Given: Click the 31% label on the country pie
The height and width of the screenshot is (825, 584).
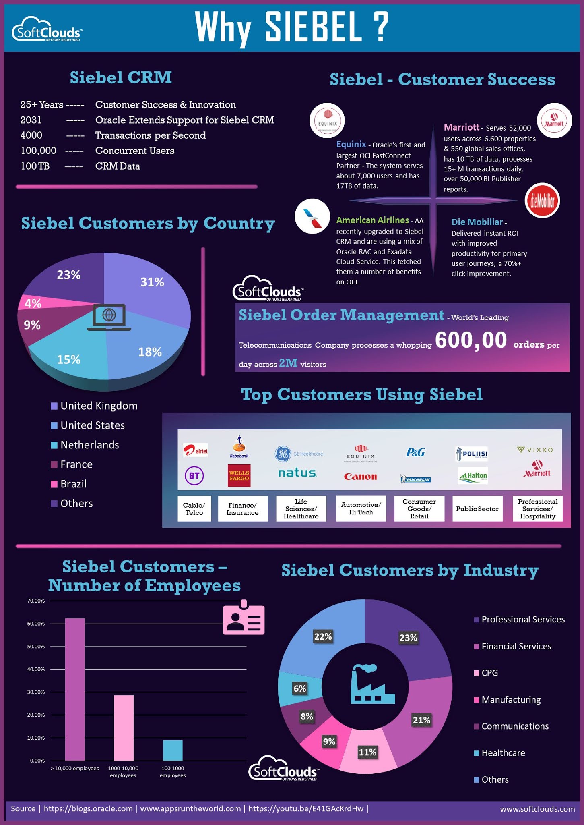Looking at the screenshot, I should [x=152, y=282].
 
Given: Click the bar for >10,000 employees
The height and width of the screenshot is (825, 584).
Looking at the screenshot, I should [x=75, y=689].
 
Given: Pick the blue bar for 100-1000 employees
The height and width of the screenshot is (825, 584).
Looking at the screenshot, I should [x=173, y=750].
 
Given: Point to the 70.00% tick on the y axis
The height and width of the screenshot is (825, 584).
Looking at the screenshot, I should [x=36, y=601].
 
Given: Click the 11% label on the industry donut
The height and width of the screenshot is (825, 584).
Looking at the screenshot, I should [x=367, y=752].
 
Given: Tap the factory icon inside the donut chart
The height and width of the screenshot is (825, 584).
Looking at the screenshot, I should [x=372, y=684].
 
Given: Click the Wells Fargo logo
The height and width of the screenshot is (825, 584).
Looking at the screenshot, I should [x=239, y=476].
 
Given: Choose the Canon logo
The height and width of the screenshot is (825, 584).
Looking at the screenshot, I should [x=360, y=477].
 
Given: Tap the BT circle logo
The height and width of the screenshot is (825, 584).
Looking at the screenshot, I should [x=194, y=476].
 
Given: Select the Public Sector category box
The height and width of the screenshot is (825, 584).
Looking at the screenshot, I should [x=477, y=509].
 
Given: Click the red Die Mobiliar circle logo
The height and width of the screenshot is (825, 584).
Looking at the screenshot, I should [x=542, y=201].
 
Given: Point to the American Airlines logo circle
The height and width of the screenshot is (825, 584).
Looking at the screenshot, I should [x=312, y=216].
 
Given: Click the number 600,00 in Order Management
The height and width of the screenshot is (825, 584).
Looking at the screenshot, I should [x=471, y=340].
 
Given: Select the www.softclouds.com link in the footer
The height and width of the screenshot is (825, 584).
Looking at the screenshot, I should [x=537, y=809].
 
